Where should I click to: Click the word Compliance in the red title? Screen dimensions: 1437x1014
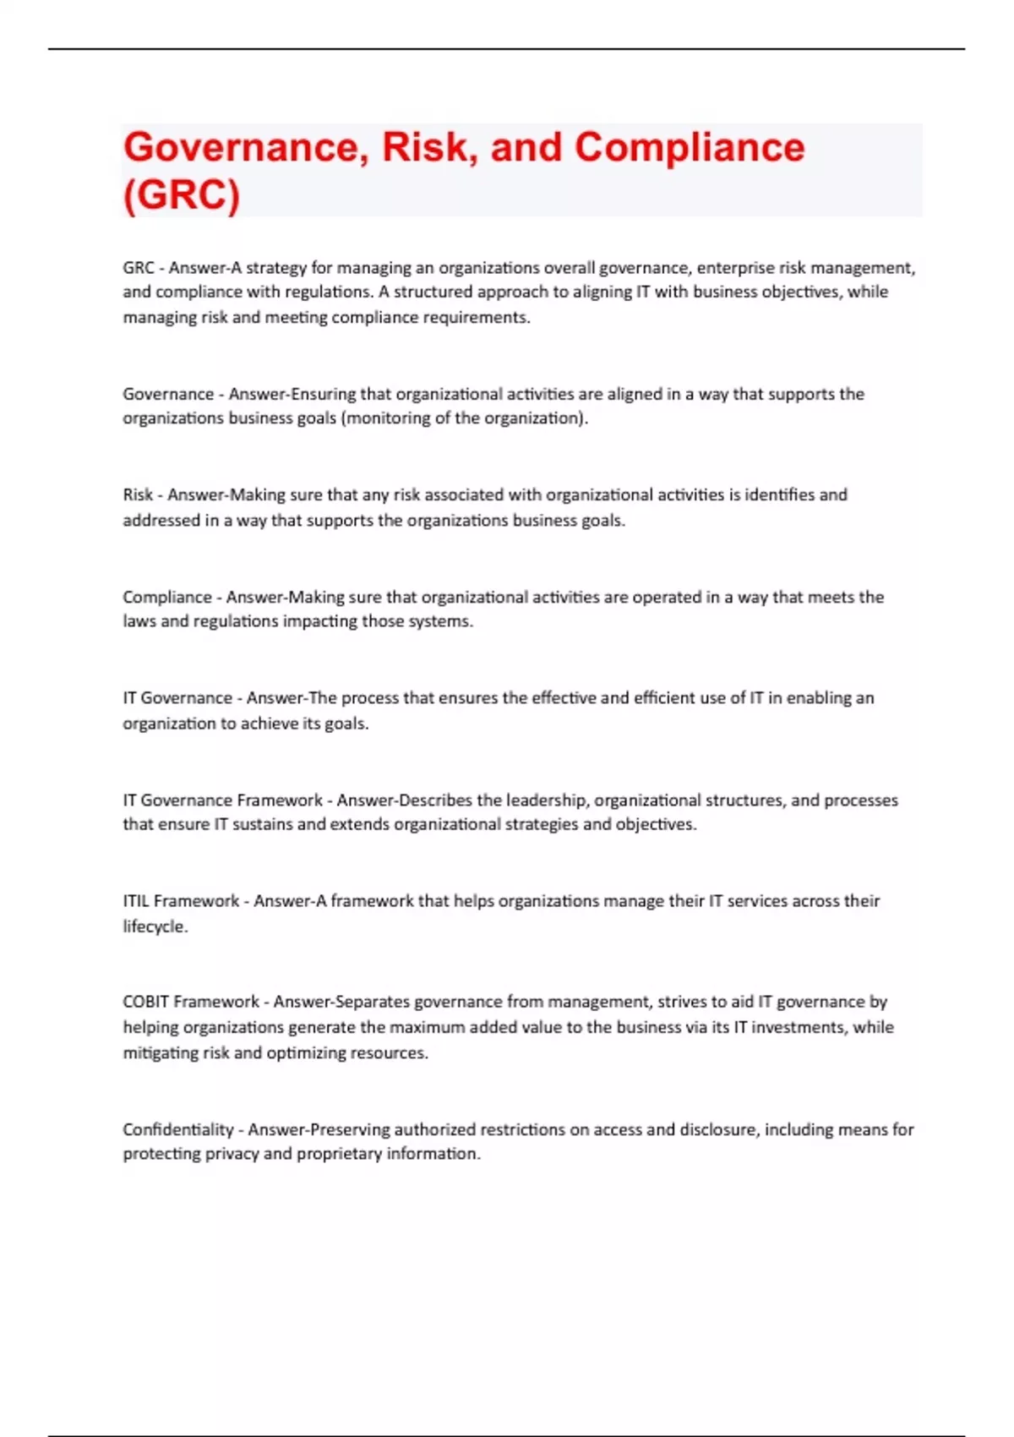pyautogui.click(x=690, y=148)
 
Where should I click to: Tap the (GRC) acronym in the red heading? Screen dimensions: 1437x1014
pyautogui.click(x=182, y=194)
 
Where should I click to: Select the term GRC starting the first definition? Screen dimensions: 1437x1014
pyautogui.click(x=138, y=268)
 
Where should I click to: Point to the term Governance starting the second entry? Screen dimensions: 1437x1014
pyautogui.click(x=168, y=394)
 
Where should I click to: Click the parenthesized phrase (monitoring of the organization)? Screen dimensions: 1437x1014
pyautogui.click(x=464, y=418)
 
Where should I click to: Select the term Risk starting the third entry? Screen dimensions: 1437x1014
pyautogui.click(x=138, y=494)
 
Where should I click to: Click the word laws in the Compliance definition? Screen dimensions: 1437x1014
pyautogui.click(x=139, y=621)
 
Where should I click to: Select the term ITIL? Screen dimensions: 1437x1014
pyautogui.click(x=136, y=901)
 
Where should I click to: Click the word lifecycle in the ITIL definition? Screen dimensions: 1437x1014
pyautogui.click(x=155, y=926)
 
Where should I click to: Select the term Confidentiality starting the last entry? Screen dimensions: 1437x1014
pyautogui.click(x=177, y=1129)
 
